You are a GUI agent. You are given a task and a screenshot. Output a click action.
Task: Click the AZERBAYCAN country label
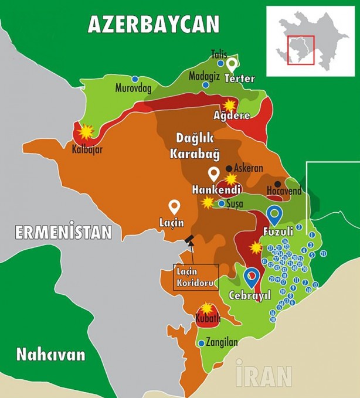153,24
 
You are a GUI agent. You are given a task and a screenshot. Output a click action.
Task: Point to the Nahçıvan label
50,354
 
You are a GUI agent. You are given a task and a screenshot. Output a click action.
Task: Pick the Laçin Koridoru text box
196,277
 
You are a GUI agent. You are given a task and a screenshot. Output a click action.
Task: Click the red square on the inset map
301,50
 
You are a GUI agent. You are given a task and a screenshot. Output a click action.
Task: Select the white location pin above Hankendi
214,174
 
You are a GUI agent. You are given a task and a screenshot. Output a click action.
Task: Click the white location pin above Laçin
174,206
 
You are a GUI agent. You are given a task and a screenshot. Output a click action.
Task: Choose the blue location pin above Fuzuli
274,213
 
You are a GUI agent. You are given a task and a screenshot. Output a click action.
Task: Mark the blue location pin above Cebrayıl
252,275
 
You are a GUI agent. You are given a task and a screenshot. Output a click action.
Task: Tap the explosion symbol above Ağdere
230,104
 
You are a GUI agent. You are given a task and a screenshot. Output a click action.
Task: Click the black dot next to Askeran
229,168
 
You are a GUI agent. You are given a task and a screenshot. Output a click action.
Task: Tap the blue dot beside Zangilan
202,344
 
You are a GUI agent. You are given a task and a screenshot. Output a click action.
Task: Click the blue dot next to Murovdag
135,79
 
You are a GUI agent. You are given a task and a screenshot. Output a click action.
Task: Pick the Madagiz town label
203,76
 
